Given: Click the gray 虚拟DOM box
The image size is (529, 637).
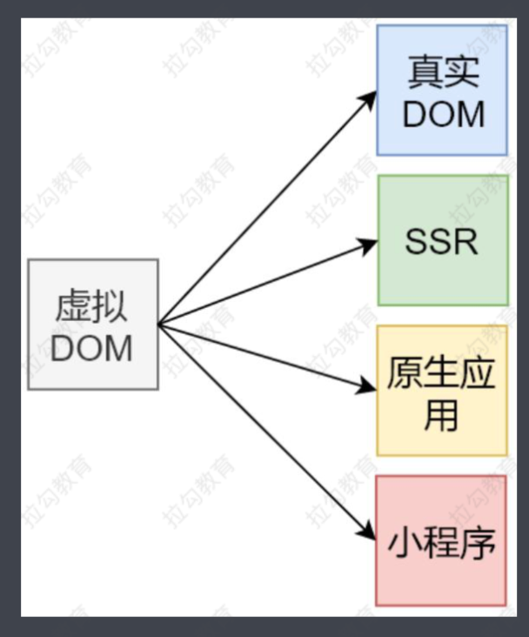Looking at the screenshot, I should tap(93, 324).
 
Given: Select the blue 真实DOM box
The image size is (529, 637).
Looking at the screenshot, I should tap(442, 91).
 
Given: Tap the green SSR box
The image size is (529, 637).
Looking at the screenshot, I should tap(442, 240).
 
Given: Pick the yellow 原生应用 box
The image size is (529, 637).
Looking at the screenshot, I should tap(442, 391).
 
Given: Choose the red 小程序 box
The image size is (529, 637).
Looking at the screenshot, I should tap(441, 540).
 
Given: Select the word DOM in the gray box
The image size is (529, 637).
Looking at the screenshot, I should tap(92, 348).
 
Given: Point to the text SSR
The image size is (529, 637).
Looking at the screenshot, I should tap(442, 241).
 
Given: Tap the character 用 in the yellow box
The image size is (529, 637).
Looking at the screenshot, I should tap(441, 415).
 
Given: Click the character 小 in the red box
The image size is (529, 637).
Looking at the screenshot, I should tap(405, 541).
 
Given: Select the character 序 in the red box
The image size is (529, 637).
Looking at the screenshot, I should tap(478, 541).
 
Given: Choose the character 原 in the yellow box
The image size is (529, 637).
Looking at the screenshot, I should tap(405, 373).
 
